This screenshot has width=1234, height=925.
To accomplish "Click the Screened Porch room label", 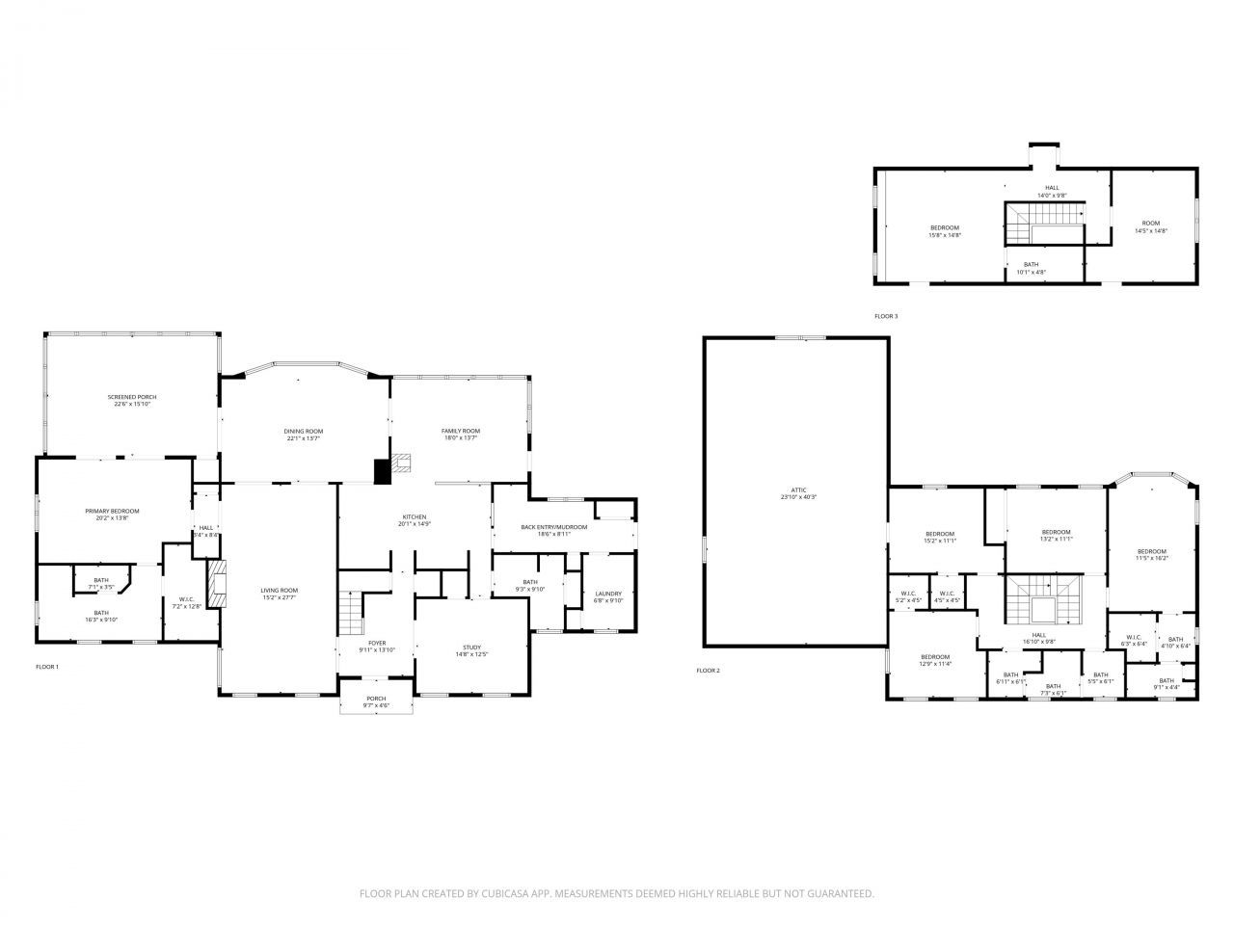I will tap(132, 397).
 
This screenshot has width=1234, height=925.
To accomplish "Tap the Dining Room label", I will tap(304, 431).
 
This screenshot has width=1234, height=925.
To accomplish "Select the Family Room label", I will tap(461, 431).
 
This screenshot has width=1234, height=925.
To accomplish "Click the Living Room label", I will tap(279, 590).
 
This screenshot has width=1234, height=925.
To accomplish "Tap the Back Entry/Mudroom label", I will tap(546, 527).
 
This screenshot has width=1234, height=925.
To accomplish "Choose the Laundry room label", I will tap(608, 594).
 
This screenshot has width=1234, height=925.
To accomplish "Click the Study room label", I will tap(471, 647).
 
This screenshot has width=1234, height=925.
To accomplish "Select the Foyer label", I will tap(376, 643).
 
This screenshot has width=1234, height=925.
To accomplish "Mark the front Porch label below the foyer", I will tap(376, 699).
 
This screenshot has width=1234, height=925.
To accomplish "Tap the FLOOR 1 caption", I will tap(47, 667).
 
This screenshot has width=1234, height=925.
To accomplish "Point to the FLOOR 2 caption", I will tap(708, 671).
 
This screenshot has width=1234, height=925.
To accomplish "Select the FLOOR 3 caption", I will tap(885, 316).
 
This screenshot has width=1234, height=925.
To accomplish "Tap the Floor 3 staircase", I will tap(1044, 224).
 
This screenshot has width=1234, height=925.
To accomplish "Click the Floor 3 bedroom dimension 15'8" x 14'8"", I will tap(945, 235).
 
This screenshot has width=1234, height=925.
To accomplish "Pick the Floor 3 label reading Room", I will tap(1151, 223).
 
